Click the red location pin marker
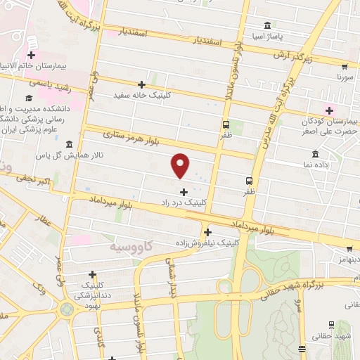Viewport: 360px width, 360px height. click(181, 166)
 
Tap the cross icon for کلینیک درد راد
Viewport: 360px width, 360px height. click(184, 191)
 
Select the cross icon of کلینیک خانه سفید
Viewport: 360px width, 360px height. click(141, 84)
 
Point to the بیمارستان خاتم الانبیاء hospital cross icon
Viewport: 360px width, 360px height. click(32, 55)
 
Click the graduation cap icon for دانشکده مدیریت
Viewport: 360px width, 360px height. click(29, 98)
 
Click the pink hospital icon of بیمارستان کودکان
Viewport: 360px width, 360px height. click(328, 110)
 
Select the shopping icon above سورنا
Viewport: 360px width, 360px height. click(342, 63)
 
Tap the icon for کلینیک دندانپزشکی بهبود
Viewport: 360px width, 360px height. click(92, 275)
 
